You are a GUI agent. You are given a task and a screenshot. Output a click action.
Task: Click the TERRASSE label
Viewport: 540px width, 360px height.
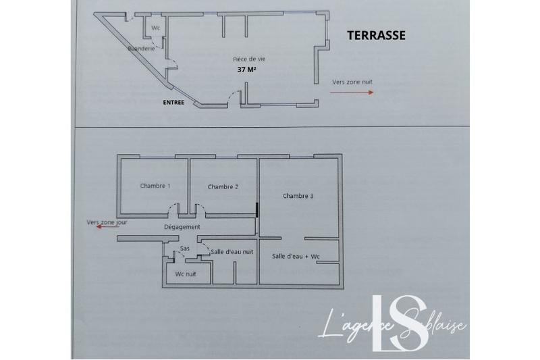point(376,36)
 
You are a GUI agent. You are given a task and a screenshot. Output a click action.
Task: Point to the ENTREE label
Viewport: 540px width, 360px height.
point(173,103)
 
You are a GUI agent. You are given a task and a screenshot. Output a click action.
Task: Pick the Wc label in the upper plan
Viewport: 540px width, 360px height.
point(155,28)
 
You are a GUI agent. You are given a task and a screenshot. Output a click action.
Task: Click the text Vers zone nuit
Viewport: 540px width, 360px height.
point(352,82)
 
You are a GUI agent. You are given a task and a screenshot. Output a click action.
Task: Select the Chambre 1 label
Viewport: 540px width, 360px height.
point(155,186)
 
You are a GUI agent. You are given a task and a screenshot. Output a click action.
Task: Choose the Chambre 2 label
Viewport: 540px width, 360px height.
point(223,187)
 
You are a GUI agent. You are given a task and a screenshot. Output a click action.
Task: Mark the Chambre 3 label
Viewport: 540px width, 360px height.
point(298,196)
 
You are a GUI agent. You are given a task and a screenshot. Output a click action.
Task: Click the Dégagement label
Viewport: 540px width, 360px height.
point(182,228)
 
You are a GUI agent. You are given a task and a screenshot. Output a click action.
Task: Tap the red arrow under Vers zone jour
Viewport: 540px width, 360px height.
point(107,228)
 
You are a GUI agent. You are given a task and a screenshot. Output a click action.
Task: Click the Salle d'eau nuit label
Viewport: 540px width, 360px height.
point(232,251)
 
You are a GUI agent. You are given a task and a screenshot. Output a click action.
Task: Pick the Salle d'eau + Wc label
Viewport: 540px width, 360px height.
point(295,257)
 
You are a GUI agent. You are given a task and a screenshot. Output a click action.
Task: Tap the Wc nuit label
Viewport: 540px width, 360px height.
point(186,274)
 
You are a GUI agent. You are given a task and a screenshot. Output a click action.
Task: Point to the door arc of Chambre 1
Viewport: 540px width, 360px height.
point(174,209)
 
